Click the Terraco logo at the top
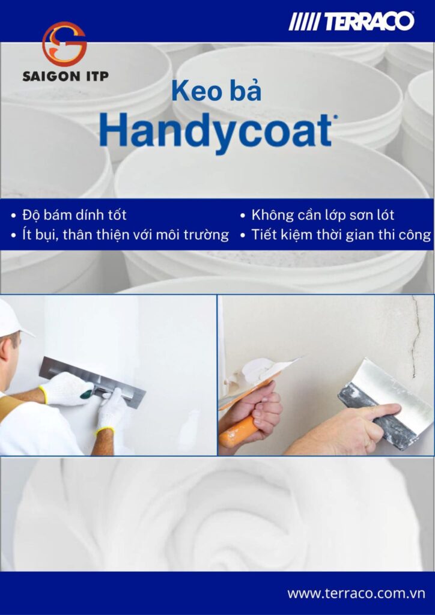point(352,22)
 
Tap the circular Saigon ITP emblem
point(64,44)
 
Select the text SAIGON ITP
point(65,76)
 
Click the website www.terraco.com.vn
point(356,593)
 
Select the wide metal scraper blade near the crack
point(385,396)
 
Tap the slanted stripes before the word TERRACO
point(304,22)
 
